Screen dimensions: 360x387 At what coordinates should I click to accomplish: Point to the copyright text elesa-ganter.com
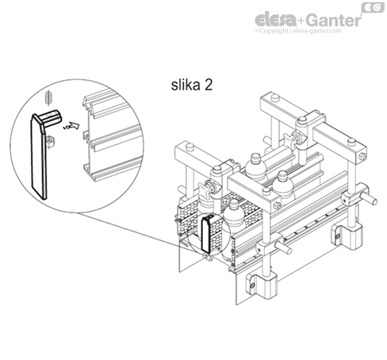click(x=305, y=31)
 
